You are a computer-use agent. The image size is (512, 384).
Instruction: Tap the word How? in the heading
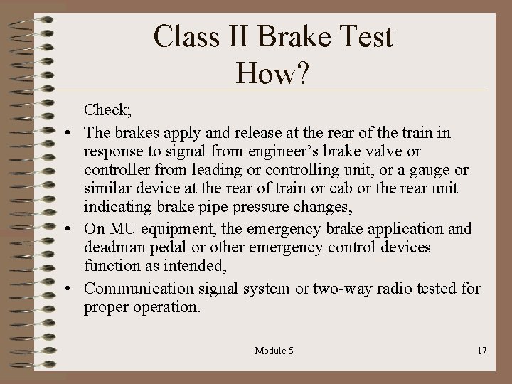point(273,73)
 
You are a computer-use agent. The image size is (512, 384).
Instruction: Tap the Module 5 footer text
point(274,351)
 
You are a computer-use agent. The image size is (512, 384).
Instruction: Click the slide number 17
point(481,351)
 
